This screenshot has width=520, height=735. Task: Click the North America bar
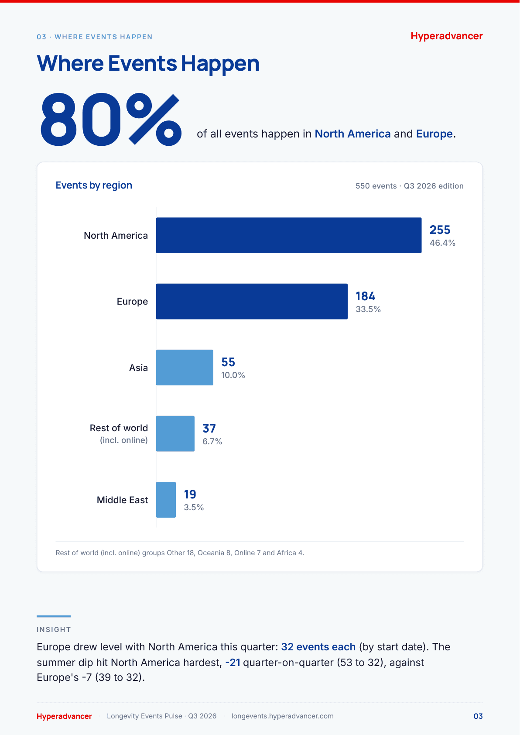(x=288, y=235)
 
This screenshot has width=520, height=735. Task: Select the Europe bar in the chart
(x=252, y=301)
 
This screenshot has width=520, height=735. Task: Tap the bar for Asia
(x=185, y=367)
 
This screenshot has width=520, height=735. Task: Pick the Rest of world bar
(x=175, y=433)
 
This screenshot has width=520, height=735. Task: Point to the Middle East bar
(x=166, y=500)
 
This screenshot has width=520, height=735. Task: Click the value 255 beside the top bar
(x=440, y=230)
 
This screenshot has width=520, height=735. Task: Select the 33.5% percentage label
(x=368, y=309)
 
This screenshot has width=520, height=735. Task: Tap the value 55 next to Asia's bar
(x=228, y=362)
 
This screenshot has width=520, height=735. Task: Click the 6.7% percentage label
(x=212, y=441)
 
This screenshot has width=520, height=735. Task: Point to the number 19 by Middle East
(x=190, y=494)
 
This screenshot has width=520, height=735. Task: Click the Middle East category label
(x=122, y=500)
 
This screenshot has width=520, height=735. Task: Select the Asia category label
(x=138, y=367)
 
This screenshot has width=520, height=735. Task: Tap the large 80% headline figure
(x=111, y=120)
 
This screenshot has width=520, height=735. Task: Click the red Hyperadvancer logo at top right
(x=447, y=36)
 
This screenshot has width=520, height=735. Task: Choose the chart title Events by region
(x=94, y=185)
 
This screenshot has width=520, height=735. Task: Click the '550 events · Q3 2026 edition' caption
(x=410, y=186)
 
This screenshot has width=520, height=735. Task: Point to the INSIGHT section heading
(x=54, y=629)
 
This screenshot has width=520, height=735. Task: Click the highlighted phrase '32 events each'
(x=318, y=646)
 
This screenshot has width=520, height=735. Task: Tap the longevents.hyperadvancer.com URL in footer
(x=282, y=716)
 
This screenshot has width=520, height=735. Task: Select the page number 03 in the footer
(x=478, y=716)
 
